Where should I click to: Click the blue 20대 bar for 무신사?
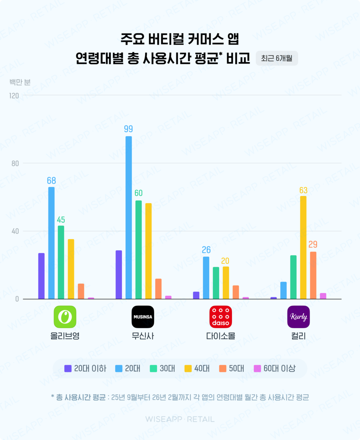[x=129, y=217]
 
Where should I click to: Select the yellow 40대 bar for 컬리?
[x=303, y=247]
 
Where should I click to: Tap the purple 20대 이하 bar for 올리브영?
[x=42, y=276]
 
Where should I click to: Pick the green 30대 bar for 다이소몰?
[x=216, y=283]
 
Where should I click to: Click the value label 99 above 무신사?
[x=128, y=129]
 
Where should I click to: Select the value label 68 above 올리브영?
[x=51, y=181]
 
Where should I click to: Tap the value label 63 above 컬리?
[x=303, y=190]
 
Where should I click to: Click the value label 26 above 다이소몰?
[x=206, y=250]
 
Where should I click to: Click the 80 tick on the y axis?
[x=15, y=163]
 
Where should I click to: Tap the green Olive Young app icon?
[x=65, y=317]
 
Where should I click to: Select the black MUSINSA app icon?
[x=143, y=317]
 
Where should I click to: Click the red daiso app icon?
[x=220, y=317]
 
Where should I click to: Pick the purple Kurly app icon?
[x=298, y=317]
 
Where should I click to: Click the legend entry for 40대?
[x=197, y=368]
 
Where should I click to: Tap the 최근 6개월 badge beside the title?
[x=277, y=58]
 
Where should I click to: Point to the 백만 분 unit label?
[x=20, y=82]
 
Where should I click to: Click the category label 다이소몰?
[x=220, y=336]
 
